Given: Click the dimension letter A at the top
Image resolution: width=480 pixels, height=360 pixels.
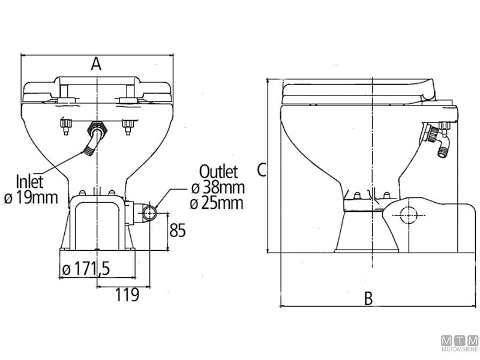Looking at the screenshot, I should click(96, 64).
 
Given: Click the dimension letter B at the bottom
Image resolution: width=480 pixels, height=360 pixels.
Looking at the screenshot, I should click(369, 298).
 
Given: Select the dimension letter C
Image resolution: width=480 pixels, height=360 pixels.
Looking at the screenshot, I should click(261, 170).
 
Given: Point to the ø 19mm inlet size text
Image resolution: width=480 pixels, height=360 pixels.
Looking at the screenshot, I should click(33, 197).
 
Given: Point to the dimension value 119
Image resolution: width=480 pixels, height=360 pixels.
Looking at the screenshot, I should click(127, 295).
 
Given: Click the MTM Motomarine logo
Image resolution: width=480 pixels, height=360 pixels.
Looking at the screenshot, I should click(460, 343).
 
